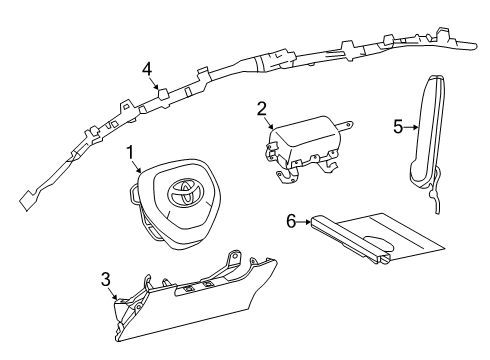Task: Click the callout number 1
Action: coord(130,153)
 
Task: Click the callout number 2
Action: coord(262,109)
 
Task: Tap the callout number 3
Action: coord(106,279)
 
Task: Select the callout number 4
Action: coord(147,69)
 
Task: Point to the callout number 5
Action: coord(398,127)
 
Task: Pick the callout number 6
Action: coord(291,221)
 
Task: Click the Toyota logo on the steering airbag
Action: coord(186,192)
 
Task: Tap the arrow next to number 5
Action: coord(411,127)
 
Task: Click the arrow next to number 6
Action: coord(304,221)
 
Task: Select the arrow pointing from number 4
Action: coord(154,82)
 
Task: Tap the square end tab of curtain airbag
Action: coord(26,200)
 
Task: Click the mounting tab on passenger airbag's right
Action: coord(344,125)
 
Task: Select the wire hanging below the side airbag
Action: coord(436,192)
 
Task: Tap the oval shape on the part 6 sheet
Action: coord(379,243)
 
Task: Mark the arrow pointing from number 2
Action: coord(269,122)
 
